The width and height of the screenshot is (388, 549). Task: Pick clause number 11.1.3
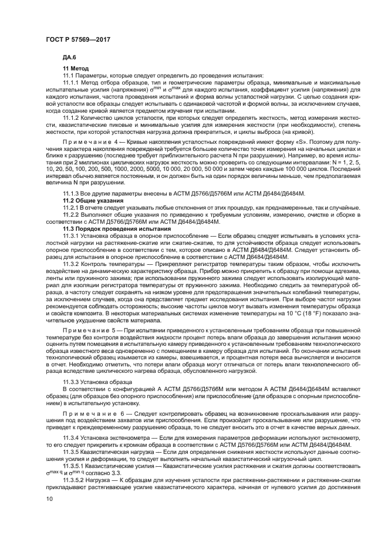pos(72,193)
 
